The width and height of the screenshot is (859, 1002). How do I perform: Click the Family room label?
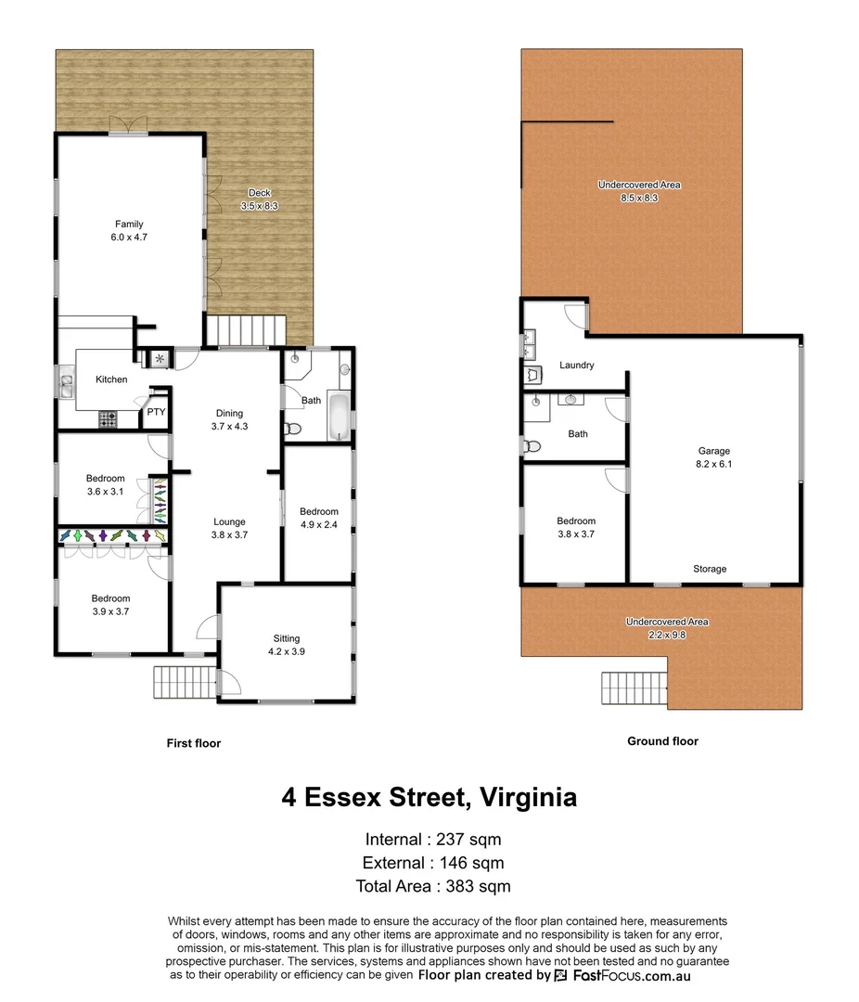(129, 230)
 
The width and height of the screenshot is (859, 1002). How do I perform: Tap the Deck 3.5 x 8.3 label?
(259, 199)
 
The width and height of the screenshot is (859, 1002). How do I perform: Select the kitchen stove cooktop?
(109, 419)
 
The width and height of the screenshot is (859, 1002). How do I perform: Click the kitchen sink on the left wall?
(67, 380)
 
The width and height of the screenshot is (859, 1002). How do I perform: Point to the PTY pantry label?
(156, 412)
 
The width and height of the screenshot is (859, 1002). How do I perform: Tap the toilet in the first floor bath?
(292, 429)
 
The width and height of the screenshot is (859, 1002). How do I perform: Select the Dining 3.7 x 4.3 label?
(229, 419)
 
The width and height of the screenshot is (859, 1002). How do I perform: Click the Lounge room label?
(229, 528)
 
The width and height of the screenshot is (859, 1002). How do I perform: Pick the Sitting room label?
(286, 645)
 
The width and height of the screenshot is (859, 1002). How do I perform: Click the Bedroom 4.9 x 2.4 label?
(318, 518)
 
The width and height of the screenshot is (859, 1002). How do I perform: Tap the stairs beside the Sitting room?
(186, 684)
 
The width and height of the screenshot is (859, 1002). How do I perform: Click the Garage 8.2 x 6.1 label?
(714, 457)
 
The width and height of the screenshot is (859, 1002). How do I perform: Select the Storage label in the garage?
(710, 569)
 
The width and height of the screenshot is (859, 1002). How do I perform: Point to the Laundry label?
(576, 366)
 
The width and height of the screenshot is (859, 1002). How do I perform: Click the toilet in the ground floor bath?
(532, 446)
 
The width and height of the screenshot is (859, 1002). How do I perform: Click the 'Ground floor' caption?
(662, 741)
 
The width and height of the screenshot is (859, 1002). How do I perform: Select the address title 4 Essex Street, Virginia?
(429, 797)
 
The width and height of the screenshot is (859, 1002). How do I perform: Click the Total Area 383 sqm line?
(432, 886)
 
